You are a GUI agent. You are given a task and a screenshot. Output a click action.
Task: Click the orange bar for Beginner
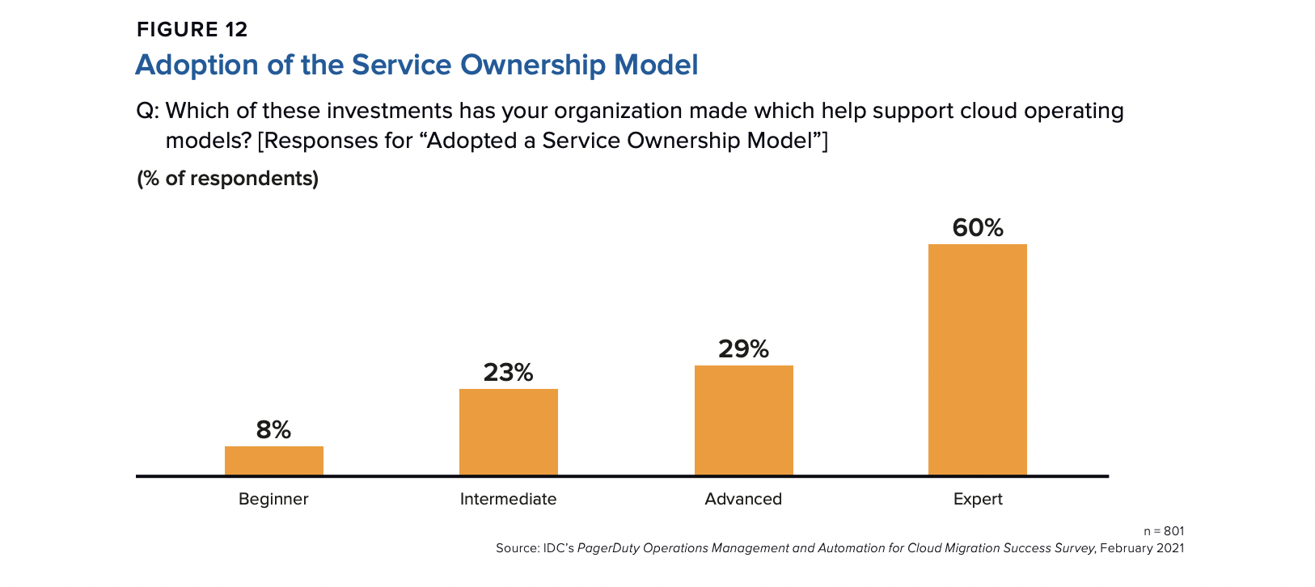tap(273, 461)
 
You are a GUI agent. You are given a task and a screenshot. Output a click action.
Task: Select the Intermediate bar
tap(508, 432)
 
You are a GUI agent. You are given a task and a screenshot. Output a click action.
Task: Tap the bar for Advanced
tap(743, 420)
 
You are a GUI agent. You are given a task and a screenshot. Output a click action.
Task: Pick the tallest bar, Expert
tap(977, 360)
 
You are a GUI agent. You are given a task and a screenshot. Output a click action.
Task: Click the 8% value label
tap(273, 430)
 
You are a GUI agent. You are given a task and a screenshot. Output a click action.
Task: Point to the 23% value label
tap(508, 373)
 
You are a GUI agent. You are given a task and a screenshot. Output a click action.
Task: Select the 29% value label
tap(743, 349)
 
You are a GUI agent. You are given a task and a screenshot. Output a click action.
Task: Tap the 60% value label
tap(977, 228)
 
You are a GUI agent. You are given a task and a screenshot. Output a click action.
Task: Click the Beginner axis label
tap(273, 499)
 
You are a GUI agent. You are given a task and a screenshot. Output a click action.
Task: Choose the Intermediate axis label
tap(508, 499)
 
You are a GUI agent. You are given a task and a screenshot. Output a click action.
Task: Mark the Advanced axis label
tap(743, 499)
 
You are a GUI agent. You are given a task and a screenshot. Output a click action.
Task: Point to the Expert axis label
tap(977, 499)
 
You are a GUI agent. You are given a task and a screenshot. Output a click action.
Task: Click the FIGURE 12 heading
tap(192, 30)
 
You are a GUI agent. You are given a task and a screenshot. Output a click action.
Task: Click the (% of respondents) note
tap(227, 179)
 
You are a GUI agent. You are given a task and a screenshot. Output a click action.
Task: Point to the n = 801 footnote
tap(1163, 531)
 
